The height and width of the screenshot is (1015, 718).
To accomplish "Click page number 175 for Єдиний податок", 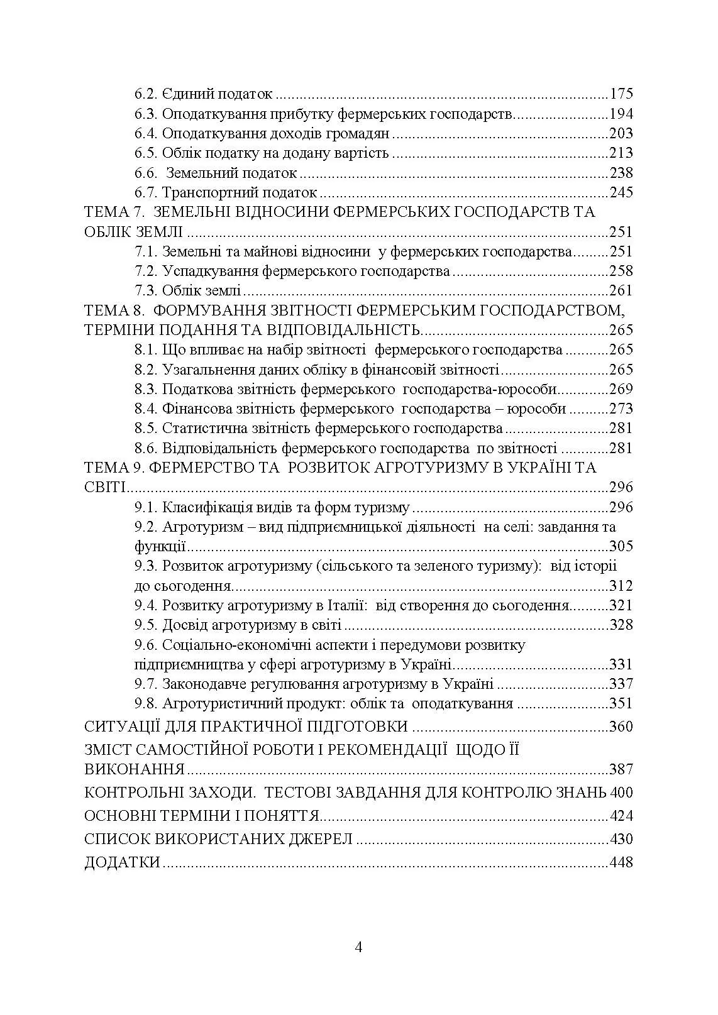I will (x=621, y=94).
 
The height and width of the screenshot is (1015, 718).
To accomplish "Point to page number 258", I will (x=621, y=272).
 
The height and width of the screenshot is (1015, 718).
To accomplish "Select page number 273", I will (x=621, y=409).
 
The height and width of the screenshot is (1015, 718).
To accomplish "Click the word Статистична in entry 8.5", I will (x=202, y=429).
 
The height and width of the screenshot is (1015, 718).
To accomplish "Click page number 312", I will (x=621, y=586).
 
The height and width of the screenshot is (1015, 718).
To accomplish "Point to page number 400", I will (x=621, y=793).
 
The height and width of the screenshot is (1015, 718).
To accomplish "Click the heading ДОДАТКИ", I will (x=122, y=863).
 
